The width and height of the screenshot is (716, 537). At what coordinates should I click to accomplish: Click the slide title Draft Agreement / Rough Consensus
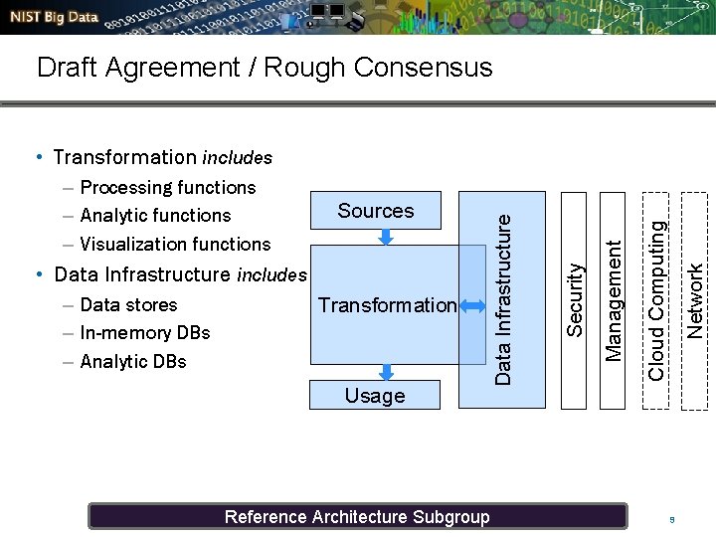(264, 68)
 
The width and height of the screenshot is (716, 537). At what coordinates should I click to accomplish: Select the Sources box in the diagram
(375, 211)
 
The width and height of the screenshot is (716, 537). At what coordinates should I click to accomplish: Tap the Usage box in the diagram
(374, 395)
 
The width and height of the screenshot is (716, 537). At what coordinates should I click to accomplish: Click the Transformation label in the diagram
(387, 305)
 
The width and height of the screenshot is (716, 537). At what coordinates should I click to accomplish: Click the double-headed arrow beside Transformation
(466, 305)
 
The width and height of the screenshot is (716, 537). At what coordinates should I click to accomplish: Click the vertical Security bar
(574, 298)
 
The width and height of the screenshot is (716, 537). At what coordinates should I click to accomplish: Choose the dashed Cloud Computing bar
(656, 298)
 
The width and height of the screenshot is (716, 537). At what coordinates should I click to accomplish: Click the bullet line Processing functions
(167, 188)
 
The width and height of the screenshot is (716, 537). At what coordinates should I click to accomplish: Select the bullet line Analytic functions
(155, 216)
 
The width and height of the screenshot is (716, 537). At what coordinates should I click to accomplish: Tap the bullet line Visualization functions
(175, 244)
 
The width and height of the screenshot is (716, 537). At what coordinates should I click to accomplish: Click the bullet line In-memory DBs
(145, 333)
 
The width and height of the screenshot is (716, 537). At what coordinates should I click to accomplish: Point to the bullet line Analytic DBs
(133, 361)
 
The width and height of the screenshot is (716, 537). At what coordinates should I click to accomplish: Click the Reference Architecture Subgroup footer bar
(357, 516)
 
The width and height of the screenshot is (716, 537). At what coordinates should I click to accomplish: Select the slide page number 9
(672, 519)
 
